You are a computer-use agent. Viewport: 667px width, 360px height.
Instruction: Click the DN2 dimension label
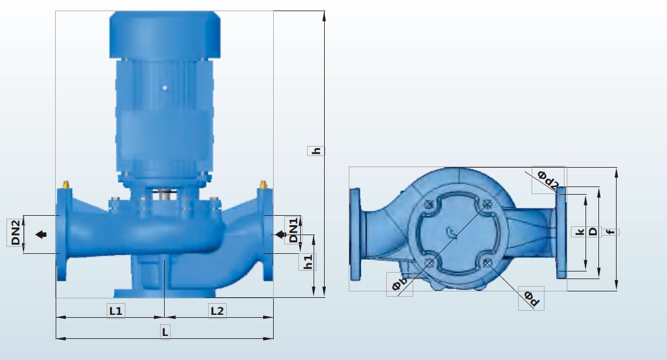point(15,232)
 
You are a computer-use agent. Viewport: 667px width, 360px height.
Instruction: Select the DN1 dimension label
point(294,230)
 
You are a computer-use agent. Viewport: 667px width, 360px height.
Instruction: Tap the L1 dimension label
point(115,311)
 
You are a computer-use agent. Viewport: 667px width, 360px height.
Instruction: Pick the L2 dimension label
point(217,311)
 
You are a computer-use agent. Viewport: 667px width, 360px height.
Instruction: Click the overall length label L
point(165,331)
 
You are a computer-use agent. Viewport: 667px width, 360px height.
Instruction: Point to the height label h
point(316,151)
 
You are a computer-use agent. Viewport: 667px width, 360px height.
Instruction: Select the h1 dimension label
point(308,261)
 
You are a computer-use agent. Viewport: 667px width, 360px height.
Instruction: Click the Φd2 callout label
point(548,179)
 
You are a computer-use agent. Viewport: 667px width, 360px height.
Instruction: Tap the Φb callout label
point(399,284)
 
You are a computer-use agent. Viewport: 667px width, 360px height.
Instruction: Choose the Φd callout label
point(531,298)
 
